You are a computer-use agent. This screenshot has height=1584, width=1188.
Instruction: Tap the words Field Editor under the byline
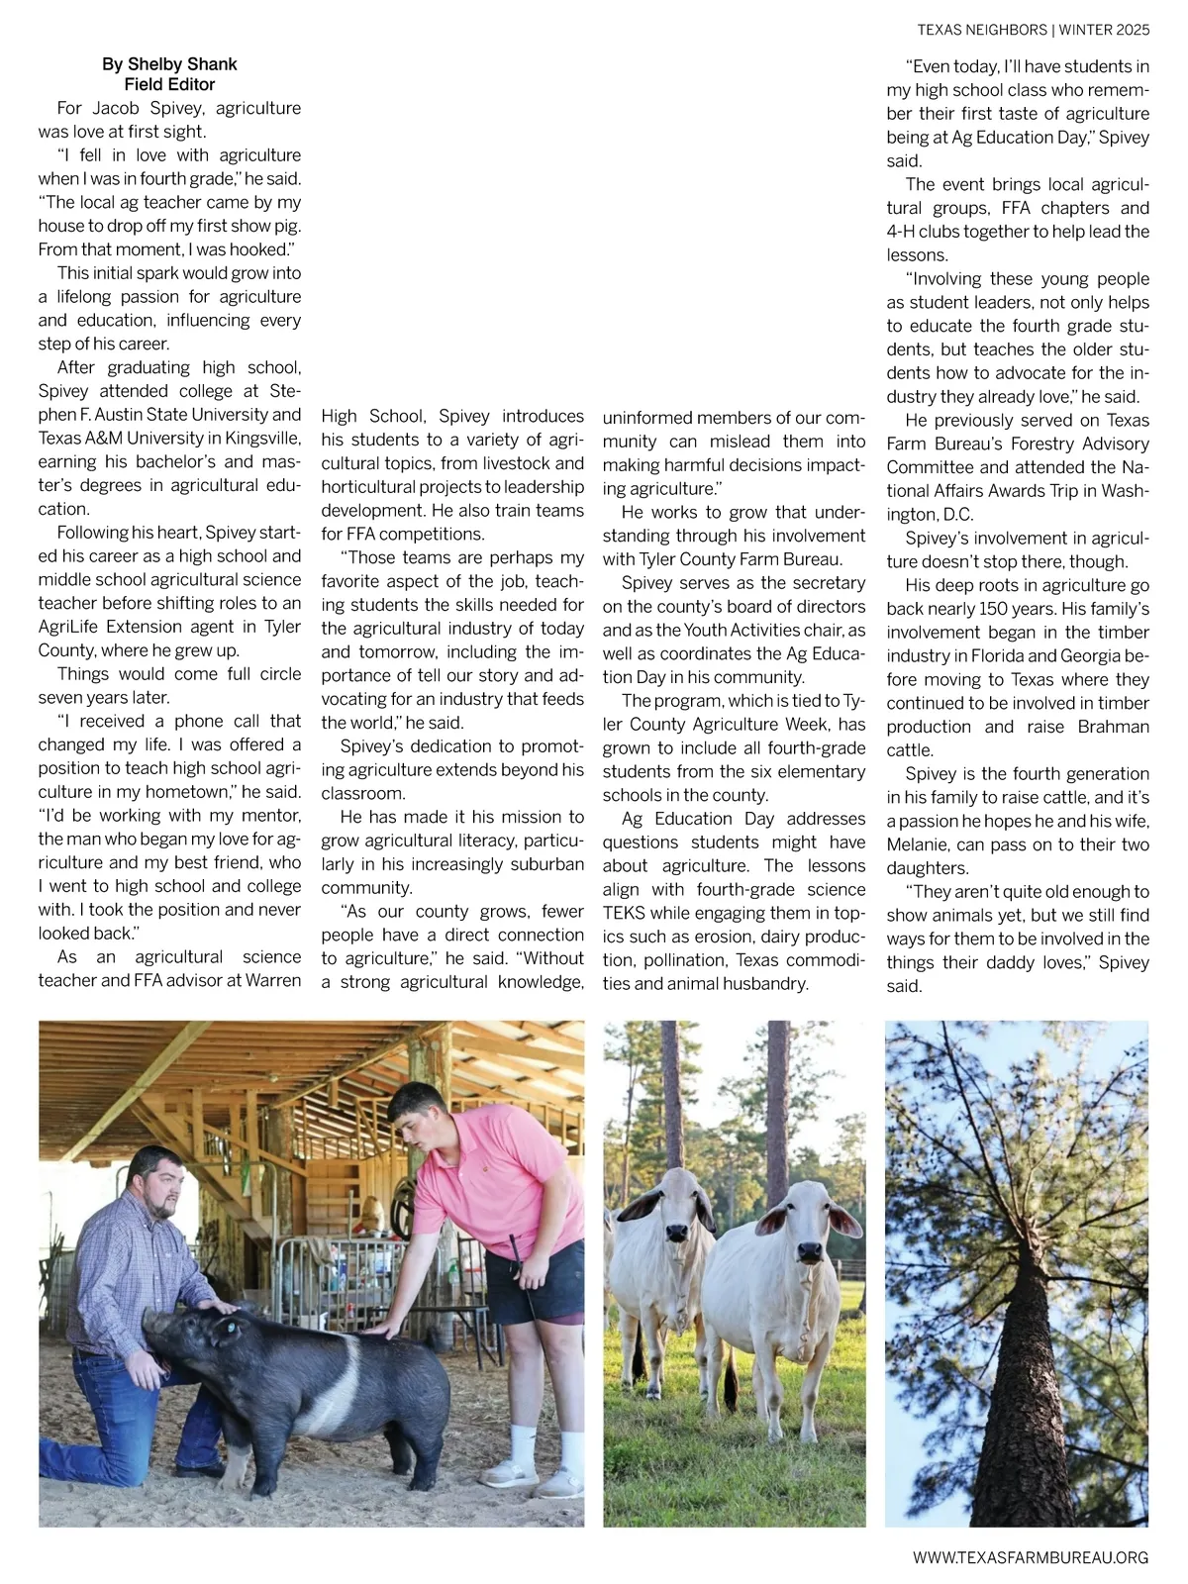pos(169,85)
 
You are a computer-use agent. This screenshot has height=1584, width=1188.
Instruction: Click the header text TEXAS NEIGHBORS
pos(981,30)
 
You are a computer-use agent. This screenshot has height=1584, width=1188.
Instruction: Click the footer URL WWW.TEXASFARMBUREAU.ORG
pos(1031,1557)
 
